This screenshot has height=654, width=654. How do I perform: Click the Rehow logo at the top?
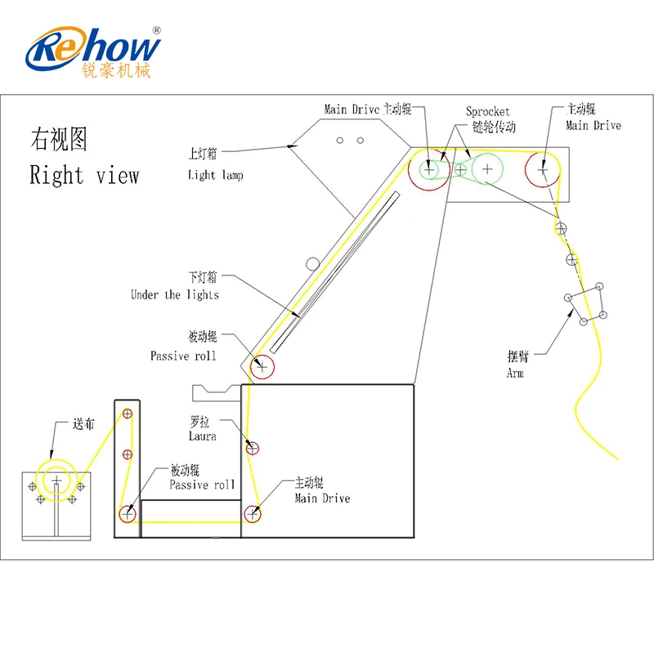(92, 52)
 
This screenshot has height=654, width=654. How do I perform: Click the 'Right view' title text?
(84, 175)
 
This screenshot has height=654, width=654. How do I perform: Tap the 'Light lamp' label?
(215, 175)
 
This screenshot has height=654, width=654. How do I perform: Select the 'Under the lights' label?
(175, 295)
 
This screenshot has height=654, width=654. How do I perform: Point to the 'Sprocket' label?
(487, 112)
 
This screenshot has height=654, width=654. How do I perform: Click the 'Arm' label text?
(515, 373)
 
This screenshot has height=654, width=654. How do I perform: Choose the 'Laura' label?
(202, 437)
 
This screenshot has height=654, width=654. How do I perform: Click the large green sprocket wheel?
(487, 168)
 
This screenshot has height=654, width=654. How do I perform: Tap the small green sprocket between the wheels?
(460, 170)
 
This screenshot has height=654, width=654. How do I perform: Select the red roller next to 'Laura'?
(252, 448)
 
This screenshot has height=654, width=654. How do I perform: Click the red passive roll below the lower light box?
(262, 367)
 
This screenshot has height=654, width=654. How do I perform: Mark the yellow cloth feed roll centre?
(56, 481)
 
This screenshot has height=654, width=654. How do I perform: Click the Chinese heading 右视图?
(59, 139)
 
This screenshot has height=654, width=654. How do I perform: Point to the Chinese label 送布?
(83, 423)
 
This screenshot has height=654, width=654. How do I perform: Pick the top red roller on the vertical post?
(128, 414)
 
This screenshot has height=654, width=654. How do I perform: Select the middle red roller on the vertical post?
(128, 455)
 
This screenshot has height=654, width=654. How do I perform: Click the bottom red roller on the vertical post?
(128, 514)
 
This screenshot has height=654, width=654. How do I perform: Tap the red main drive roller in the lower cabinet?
(253, 514)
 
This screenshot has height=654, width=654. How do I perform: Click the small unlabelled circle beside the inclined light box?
(313, 263)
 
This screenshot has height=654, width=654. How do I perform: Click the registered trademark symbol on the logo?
(156, 30)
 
